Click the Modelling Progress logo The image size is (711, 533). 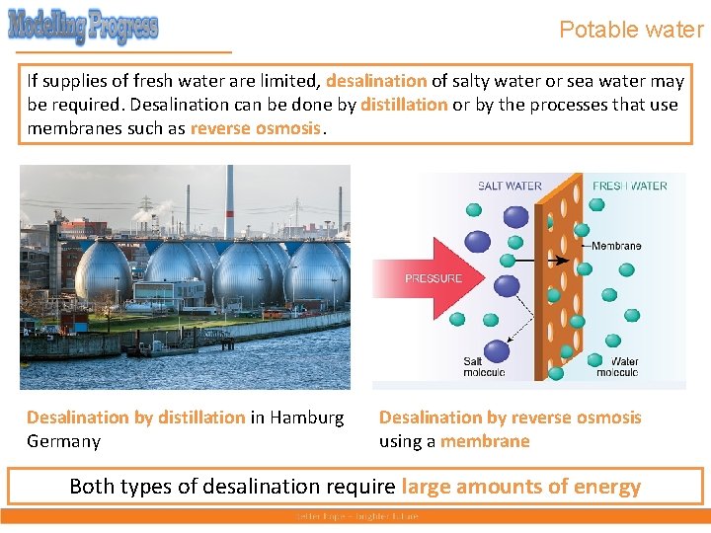[x=83, y=26]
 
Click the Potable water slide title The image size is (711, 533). [x=631, y=30]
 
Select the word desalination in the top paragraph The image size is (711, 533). [x=376, y=81]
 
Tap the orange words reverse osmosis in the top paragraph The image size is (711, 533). [x=256, y=128]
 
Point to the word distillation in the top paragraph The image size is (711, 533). [x=404, y=105]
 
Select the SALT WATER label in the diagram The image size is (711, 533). [x=510, y=186]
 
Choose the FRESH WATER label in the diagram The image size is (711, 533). [x=629, y=186]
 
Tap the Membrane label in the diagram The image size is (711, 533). [x=616, y=246]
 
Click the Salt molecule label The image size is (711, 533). [x=484, y=367]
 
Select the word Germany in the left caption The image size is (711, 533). [x=63, y=441]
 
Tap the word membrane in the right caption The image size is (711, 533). [x=485, y=441]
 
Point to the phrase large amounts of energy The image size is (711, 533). [x=521, y=487]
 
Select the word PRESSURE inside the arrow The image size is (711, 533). [x=434, y=278]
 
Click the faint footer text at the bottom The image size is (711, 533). [x=355, y=516]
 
